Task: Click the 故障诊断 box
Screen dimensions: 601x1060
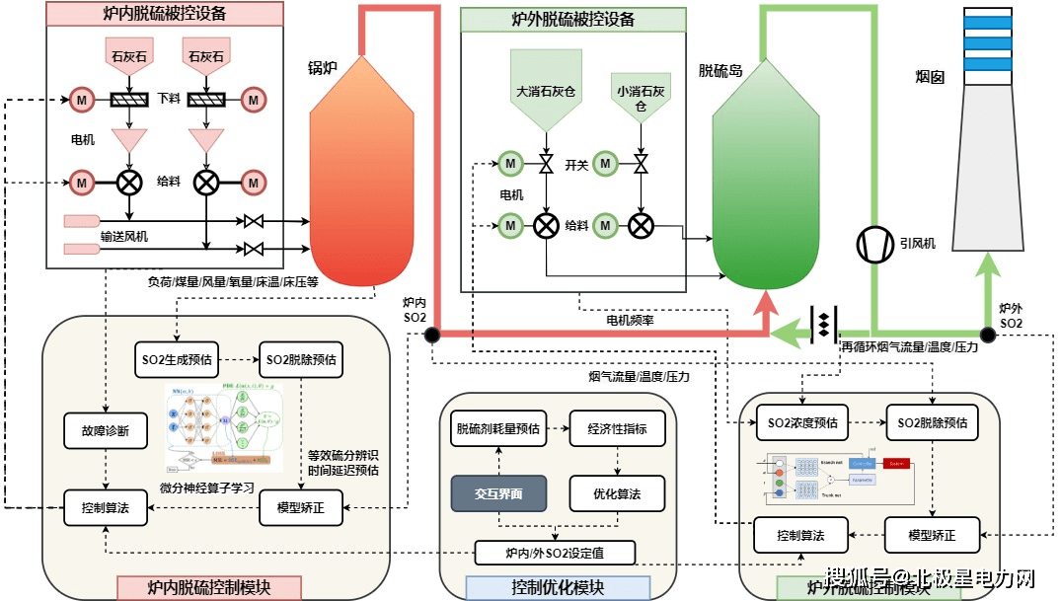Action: pos(106,430)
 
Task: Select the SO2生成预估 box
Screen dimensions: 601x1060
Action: pos(174,359)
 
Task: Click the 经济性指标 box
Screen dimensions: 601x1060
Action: pos(617,428)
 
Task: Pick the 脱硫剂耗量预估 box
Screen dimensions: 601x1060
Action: pos(497,428)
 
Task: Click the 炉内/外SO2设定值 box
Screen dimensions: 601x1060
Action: pos(554,552)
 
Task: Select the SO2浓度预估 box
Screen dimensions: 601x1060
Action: pos(802,422)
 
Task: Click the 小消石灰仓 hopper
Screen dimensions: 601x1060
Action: pos(641,97)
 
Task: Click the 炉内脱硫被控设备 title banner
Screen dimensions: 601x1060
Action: pos(165,14)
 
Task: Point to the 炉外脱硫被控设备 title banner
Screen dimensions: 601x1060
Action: pos(573,20)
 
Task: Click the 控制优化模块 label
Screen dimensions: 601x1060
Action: pos(558,588)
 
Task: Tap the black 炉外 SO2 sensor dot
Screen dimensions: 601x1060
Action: pos(987,334)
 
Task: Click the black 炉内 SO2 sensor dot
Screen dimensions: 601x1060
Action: pos(431,335)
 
